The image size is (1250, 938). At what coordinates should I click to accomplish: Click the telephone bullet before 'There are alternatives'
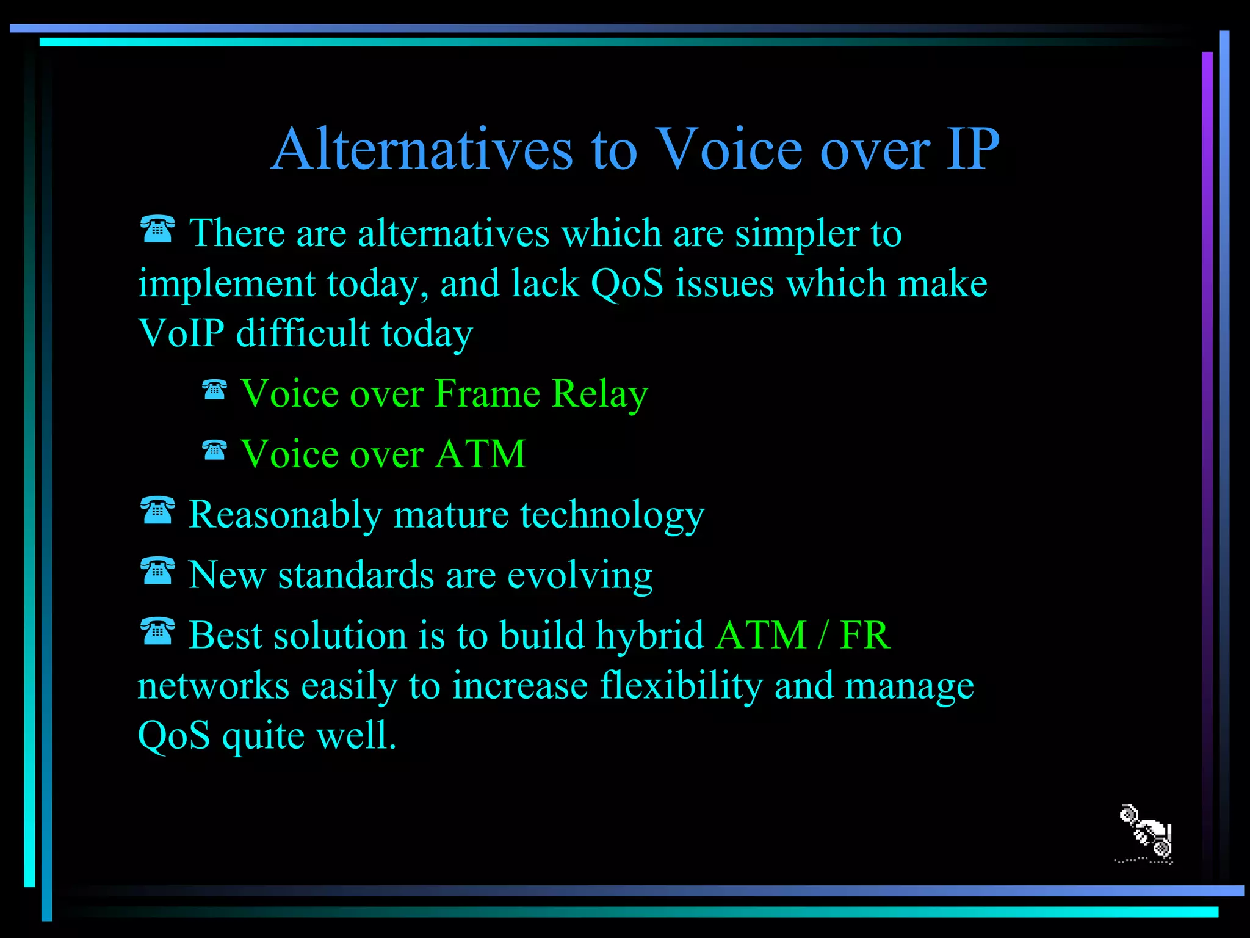click(x=157, y=229)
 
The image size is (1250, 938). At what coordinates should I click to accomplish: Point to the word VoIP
click(x=181, y=333)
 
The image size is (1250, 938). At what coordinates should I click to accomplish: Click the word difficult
click(x=303, y=333)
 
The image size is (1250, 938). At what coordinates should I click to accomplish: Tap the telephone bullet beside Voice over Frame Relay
click(x=214, y=390)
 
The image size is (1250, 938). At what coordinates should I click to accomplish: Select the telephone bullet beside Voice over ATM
click(x=214, y=450)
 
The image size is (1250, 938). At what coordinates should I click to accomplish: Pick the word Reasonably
click(x=285, y=515)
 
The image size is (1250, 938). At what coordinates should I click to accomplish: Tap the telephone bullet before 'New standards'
click(x=157, y=571)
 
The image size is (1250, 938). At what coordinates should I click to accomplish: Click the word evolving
click(x=579, y=575)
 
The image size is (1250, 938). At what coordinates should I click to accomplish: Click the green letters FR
click(x=865, y=636)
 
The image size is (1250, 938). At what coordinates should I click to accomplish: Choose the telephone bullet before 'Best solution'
click(x=157, y=631)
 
